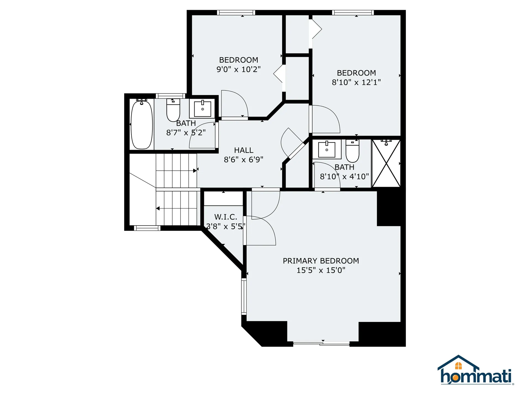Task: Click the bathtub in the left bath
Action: [x=142, y=125]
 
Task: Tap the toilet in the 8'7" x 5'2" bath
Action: [x=173, y=110]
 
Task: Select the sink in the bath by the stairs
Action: [x=202, y=109]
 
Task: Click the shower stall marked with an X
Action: [x=386, y=163]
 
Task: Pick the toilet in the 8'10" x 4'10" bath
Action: [x=352, y=151]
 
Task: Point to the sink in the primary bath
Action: [x=327, y=149]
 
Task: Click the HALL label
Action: [x=243, y=150]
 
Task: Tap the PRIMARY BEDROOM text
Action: [x=321, y=261]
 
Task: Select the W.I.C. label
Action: [x=226, y=217]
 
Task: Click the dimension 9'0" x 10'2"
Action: [x=239, y=69]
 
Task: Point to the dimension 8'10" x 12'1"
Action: [x=356, y=82]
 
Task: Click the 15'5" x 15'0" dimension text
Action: [x=321, y=270]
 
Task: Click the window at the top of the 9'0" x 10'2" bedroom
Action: [x=236, y=13]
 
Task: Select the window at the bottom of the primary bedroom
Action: [x=321, y=344]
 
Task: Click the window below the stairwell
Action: [x=147, y=228]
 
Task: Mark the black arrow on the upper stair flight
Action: [x=195, y=171]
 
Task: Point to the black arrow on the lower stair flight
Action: [x=158, y=208]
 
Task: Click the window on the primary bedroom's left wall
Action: [x=244, y=296]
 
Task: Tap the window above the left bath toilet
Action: [x=170, y=96]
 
